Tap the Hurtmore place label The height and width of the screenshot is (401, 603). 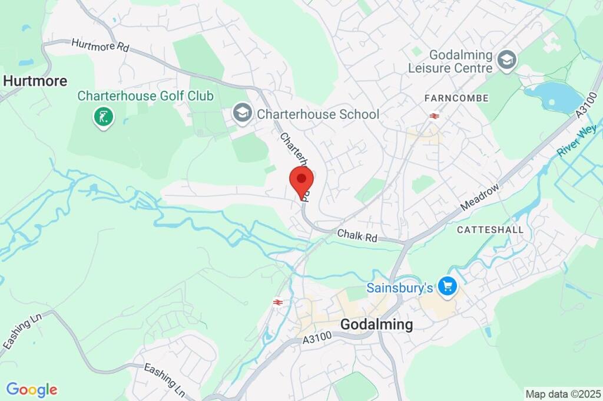click(x=35, y=81)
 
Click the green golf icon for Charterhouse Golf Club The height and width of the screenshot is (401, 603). click(x=104, y=117)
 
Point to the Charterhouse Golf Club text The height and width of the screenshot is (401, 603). click(x=145, y=96)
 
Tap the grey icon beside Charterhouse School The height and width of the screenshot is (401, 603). click(x=241, y=113)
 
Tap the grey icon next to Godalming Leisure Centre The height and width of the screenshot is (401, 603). click(x=506, y=59)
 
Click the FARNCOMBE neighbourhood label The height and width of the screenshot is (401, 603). click(x=457, y=98)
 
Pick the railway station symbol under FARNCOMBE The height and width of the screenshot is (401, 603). click(x=435, y=116)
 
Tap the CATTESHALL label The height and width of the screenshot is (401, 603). click(x=489, y=229)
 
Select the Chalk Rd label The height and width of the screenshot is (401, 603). click(x=357, y=236)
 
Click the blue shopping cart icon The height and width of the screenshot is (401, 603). click(x=448, y=287)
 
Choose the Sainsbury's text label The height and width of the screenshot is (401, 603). click(x=400, y=288)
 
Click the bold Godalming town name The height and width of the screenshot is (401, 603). click(x=377, y=324)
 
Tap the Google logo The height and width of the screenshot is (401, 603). click(x=32, y=389)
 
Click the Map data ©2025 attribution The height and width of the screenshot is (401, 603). click(x=563, y=393)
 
